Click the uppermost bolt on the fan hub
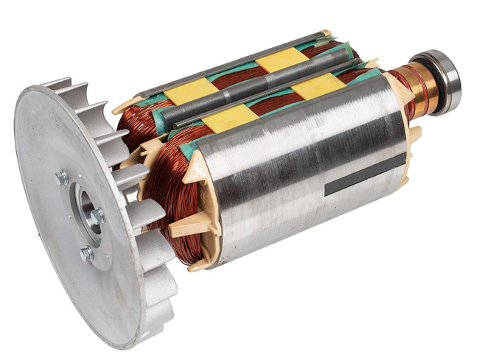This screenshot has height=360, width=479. tap(63, 177)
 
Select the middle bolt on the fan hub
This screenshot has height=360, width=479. tap(98, 215)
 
